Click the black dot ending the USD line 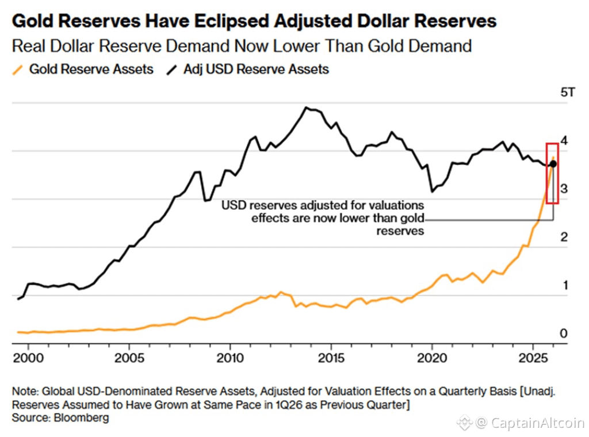pyautogui.click(x=553, y=164)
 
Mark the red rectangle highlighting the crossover pyautogui.click(x=552, y=172)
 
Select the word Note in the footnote pyautogui.click(x=23, y=391)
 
